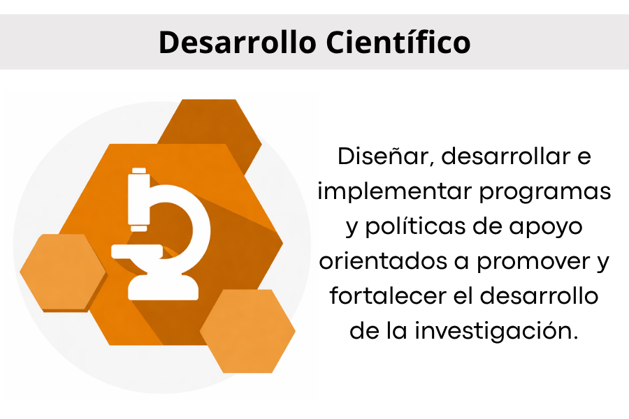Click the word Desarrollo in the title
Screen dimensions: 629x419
(238, 42)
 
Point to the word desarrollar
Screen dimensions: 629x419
(506, 156)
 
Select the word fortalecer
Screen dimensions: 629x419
(388, 296)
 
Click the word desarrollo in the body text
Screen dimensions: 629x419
(539, 296)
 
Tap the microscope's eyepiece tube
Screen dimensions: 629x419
(139, 199)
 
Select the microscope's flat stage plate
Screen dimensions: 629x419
(137, 251)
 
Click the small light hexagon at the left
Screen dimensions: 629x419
(63, 272)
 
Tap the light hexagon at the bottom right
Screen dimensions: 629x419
(248, 331)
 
